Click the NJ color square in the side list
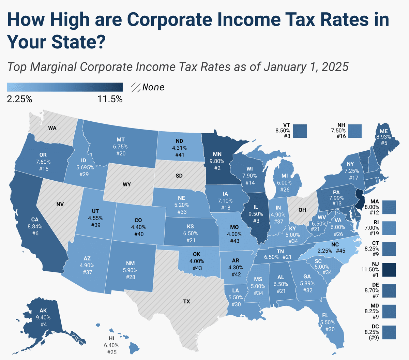click(389, 270)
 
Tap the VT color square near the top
click(300, 131)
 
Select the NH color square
click(355, 131)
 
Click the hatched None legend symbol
click(136, 87)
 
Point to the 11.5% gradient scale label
click(110, 99)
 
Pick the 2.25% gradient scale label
click(19, 99)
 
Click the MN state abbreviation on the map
click(217, 154)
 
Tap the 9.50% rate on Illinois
click(256, 214)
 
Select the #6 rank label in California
click(35, 234)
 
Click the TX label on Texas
click(186, 301)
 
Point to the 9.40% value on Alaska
click(43, 317)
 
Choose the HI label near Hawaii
click(111, 338)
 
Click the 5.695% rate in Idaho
click(85, 167)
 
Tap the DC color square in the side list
click(389, 332)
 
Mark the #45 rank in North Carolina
click(340, 251)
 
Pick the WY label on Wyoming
click(126, 184)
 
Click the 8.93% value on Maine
click(383, 137)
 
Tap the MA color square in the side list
click(389, 207)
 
